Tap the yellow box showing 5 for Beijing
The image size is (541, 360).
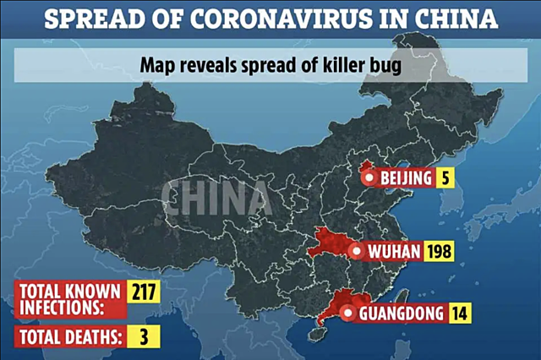(x=444, y=177)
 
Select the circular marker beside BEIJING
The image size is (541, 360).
(x=368, y=177)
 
